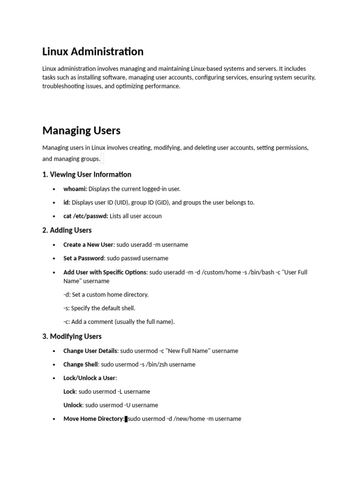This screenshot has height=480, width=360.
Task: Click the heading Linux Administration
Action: pos(93,51)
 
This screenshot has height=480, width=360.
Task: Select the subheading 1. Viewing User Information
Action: pos(87,174)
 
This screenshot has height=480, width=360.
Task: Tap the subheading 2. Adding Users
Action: pos(67,230)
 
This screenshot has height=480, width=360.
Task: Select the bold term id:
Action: pos(67,202)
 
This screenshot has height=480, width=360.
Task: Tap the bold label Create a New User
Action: pos(88,245)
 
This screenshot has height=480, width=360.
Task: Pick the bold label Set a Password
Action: pos(83,258)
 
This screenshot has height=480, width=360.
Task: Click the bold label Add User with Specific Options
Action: pos(105,272)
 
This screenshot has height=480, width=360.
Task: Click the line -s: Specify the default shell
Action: pos(99,308)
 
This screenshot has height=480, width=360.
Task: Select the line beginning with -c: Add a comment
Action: pos(119,322)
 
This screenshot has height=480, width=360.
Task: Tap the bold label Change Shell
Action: pos(81,364)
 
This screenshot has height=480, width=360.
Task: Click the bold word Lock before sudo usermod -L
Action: pos(69,391)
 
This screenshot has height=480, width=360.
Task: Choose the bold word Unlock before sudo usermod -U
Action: pos(73,405)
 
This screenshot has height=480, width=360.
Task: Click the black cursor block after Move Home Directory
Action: pos(126,419)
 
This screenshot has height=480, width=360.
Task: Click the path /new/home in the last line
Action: pos(189,419)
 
